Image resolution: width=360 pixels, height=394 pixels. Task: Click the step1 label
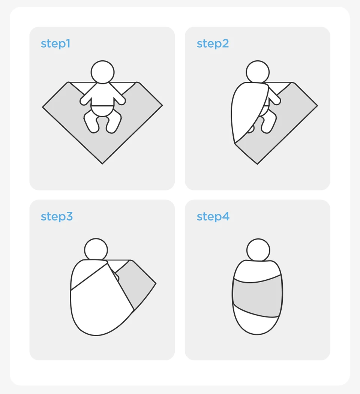(x=55, y=44)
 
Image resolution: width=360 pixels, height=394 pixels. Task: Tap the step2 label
(x=213, y=44)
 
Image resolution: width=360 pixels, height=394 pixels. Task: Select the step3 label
(x=57, y=217)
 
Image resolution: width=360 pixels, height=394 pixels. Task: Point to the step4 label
(x=213, y=217)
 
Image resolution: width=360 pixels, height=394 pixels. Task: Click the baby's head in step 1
(x=103, y=72)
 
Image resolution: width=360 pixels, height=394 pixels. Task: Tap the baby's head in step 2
(x=258, y=72)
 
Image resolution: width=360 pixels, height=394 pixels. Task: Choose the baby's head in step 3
(x=96, y=250)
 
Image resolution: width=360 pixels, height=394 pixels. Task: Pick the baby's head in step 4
(x=258, y=250)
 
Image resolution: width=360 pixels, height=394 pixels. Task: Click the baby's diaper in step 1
(x=103, y=111)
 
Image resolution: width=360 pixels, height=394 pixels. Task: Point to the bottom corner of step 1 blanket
(x=102, y=164)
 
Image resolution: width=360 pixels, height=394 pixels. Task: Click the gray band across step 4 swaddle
(x=257, y=297)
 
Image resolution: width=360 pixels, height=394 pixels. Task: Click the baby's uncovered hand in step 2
(x=276, y=100)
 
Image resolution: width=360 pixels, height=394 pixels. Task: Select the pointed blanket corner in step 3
(x=155, y=283)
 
